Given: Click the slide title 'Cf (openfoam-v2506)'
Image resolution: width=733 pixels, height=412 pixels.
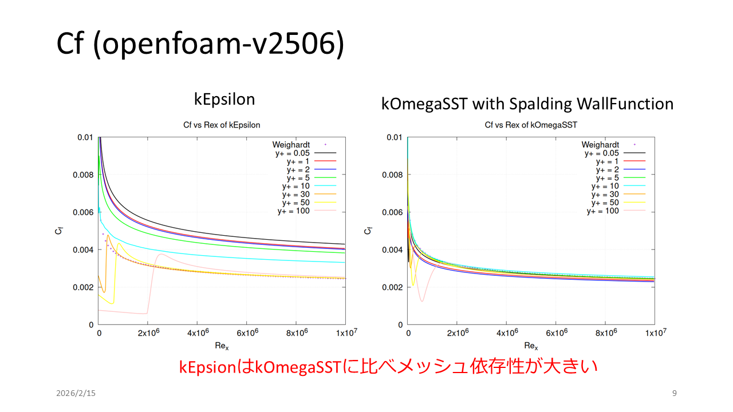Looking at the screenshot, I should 200,45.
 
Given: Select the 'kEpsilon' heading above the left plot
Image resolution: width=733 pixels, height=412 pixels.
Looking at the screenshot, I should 224,99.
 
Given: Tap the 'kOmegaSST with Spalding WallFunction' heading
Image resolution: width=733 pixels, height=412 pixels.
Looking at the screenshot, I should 527,104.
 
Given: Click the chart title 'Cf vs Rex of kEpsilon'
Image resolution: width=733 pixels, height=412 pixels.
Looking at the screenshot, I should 221,125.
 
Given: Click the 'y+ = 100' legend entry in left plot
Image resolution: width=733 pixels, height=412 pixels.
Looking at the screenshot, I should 293,211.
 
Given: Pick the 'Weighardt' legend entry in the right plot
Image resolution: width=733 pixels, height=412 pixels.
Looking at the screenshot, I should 601,145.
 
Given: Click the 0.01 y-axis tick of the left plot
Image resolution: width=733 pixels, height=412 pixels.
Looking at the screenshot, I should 85,137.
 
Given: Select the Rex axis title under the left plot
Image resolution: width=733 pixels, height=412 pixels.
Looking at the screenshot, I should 222,346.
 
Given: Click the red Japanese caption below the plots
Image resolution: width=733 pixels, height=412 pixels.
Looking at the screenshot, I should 389,367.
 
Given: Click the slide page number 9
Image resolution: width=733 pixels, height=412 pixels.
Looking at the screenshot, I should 674,393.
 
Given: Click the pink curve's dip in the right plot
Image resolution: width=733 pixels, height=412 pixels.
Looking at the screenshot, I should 422,301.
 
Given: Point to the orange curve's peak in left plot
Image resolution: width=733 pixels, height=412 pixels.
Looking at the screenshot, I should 108,235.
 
